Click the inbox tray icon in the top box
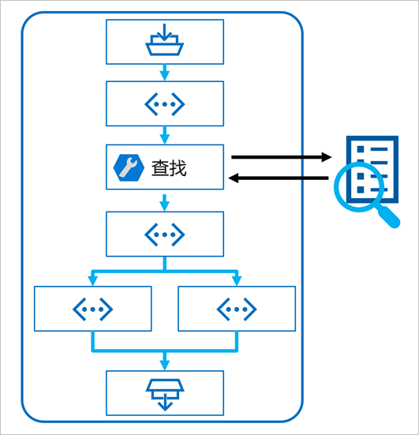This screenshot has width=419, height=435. (164, 41)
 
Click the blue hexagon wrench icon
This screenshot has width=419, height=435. (126, 167)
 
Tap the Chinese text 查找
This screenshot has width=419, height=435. (169, 167)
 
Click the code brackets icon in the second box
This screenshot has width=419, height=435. (164, 103)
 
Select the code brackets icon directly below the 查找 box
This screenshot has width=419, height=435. (164, 234)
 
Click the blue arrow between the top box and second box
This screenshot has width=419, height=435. (164, 73)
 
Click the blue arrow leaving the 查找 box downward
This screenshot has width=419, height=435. (164, 201)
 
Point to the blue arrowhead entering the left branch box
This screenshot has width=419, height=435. (92, 281)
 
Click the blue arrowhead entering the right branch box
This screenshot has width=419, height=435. (236, 281)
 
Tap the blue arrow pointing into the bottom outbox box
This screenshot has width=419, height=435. (164, 361)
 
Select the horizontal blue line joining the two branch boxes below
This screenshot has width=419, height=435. (164, 350)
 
